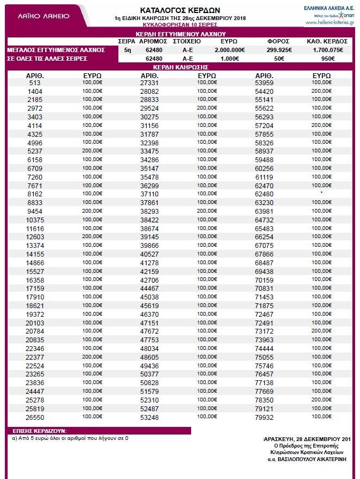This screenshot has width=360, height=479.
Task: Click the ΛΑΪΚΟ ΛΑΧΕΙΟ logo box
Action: pos(45,16)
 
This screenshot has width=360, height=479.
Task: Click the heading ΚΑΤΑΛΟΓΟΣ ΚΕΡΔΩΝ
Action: pos(180,10)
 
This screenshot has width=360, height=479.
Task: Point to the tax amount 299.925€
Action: pos(278,49)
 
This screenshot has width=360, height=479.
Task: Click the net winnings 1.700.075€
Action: pos(331,49)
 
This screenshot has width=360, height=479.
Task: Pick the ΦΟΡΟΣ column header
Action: pos(278,41)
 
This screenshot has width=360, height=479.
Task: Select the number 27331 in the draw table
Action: pos(149,83)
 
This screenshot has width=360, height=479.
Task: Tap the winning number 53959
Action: pos(264,83)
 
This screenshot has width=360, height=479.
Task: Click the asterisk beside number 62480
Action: pos(322,192)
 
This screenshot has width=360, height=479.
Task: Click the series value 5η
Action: pos(127,49)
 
